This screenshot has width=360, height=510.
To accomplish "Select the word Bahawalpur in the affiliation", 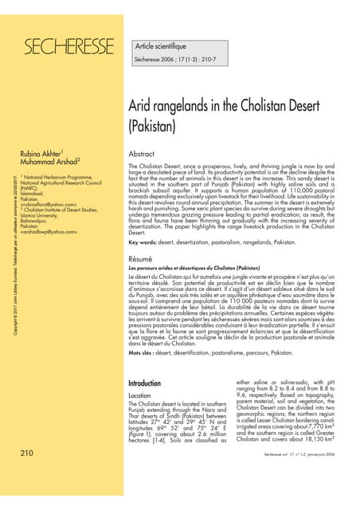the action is coord(41,220).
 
